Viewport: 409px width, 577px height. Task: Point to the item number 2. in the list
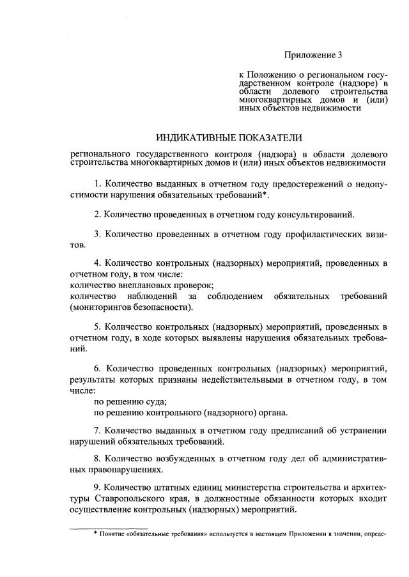coord(98,214)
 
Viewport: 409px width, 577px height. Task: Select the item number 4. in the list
coord(98,263)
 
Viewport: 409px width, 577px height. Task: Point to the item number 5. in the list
coord(98,327)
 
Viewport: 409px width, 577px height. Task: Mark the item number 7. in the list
coord(98,430)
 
